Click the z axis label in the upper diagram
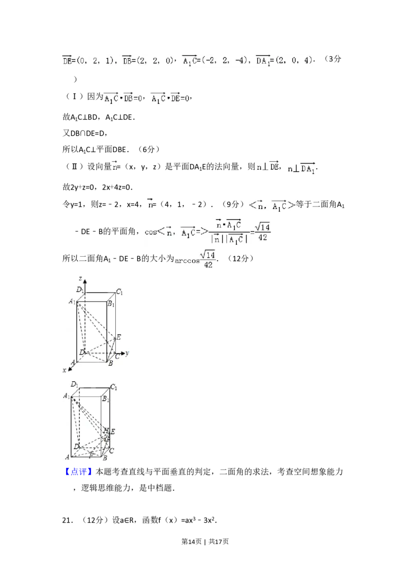[81, 278]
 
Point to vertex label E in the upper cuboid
[118, 337]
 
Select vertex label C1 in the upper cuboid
[119, 292]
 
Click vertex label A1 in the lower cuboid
[66, 396]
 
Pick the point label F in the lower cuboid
[91, 455]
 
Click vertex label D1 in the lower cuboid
[74, 384]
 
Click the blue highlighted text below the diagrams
[78, 471]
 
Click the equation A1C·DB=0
[124, 98]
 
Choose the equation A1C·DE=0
[170, 98]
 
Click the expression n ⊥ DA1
[300, 168]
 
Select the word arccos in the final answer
[187, 261]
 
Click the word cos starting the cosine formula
[151, 232]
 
